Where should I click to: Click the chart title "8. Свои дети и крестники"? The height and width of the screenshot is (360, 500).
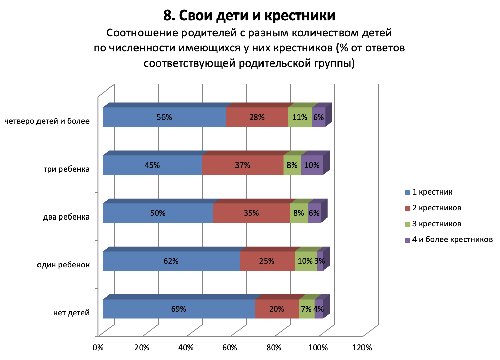click(249, 16)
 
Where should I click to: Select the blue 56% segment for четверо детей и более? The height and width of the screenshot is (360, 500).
click(164, 117)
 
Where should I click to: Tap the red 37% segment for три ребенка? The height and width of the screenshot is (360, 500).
click(243, 165)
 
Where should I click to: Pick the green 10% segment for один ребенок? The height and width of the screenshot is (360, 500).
click(305, 261)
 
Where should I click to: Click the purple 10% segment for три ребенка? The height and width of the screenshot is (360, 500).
click(312, 165)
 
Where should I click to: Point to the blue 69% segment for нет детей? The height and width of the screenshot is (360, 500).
click(178, 309)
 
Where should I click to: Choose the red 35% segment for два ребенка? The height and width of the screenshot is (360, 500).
click(251, 213)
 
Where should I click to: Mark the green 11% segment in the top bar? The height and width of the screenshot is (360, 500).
click(300, 117)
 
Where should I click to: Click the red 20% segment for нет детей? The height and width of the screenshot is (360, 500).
click(277, 309)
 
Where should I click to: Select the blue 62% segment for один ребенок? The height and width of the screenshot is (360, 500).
click(171, 261)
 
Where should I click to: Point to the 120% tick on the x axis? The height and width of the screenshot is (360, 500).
click(362, 348)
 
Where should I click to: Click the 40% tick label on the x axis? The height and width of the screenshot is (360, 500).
click(186, 348)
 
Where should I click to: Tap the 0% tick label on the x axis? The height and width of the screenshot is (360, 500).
click(98, 348)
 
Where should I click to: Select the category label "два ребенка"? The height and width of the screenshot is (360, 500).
click(66, 217)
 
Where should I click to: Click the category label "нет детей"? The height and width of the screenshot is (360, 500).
click(71, 313)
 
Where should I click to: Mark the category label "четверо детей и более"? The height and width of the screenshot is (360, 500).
click(47, 121)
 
